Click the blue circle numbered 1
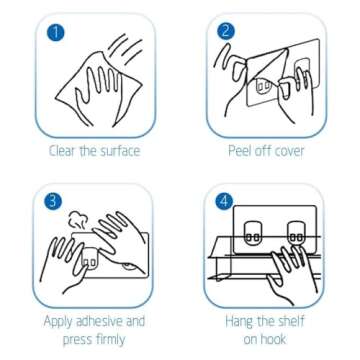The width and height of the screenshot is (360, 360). (x=56, y=32)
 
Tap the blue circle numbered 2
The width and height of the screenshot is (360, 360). (x=226, y=31)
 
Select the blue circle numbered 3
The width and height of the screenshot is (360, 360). (x=53, y=202)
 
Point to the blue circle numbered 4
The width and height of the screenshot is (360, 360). (x=224, y=201)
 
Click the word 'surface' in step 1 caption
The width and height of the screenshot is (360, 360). (x=117, y=151)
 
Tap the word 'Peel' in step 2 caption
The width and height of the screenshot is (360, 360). (x=239, y=151)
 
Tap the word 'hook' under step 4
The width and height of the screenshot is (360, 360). (x=274, y=339)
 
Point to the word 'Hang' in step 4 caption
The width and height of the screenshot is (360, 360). (x=239, y=322)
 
